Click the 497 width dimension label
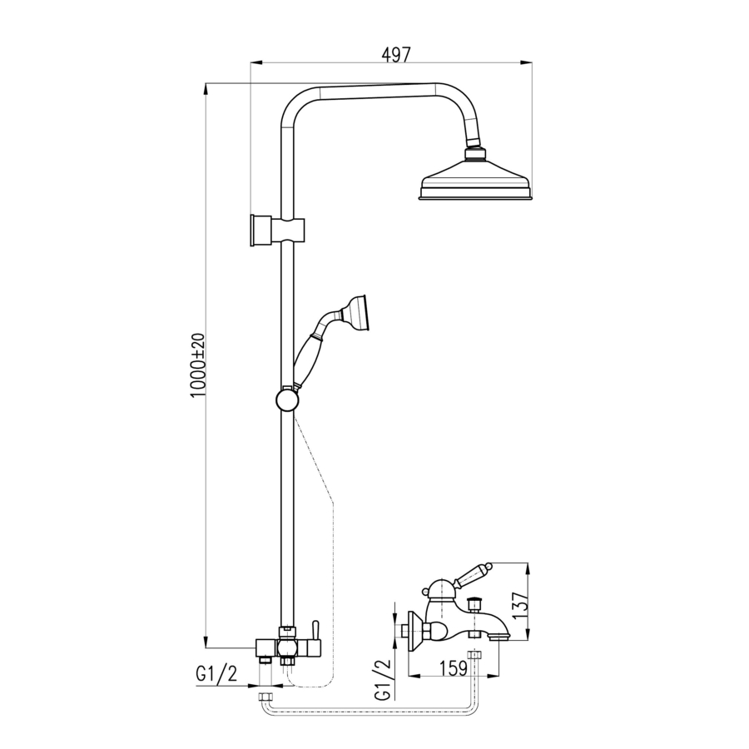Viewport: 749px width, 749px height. coord(396,55)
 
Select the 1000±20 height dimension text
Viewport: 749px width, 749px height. coord(197,365)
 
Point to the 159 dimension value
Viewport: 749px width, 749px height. coord(453,668)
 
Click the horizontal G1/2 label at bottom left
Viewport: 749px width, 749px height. coord(216,673)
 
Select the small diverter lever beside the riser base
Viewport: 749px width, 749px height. coord(315,630)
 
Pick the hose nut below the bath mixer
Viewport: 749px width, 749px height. coord(474,655)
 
